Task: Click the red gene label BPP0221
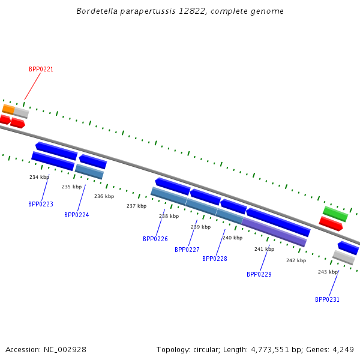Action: coord(41,69)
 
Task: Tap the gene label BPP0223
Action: coord(41,204)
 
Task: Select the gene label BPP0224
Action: coord(77,215)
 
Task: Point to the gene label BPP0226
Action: coord(155,239)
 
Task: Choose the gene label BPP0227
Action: coord(187,250)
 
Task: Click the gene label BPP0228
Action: coord(215,259)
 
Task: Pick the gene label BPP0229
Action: coord(259,274)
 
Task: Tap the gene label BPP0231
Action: coord(327,299)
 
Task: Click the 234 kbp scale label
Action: coord(39,177)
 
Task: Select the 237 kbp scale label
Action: coord(137,206)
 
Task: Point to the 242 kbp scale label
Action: coord(296,260)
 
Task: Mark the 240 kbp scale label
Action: coord(233,238)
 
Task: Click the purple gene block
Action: coord(274,232)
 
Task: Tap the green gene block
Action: coord(335,214)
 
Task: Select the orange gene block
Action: coord(9,109)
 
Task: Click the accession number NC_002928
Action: coord(65,350)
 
